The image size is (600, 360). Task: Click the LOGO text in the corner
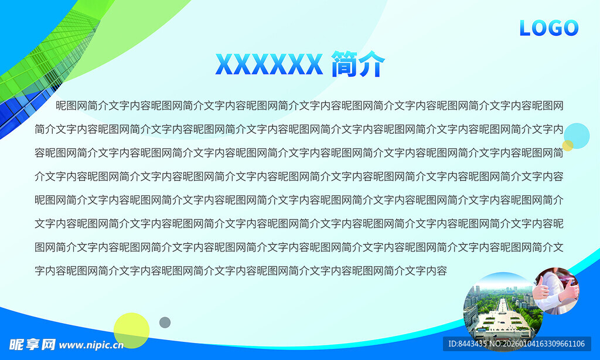tap(548, 28)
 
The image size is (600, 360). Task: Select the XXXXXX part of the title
tap(269, 64)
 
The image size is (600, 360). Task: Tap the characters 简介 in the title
tap(358, 64)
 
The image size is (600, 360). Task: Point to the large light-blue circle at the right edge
tap(577, 135)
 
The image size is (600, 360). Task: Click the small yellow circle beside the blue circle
tap(567, 145)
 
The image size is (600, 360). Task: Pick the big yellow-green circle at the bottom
tap(131, 331)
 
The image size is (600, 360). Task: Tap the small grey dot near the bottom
tap(165, 322)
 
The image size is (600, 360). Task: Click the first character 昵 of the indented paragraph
tap(61, 106)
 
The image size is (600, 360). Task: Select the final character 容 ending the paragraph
tap(442, 271)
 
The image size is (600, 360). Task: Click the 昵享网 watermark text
tap(32, 344)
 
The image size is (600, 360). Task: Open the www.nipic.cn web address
tap(91, 345)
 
